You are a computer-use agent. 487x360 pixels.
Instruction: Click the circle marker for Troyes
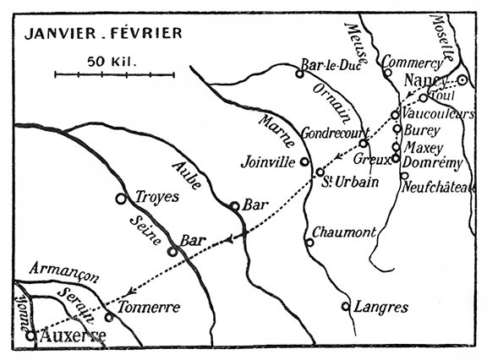click(x=121, y=199)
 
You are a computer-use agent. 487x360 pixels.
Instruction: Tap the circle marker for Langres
click(x=346, y=306)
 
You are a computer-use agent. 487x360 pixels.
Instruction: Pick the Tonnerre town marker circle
click(x=109, y=317)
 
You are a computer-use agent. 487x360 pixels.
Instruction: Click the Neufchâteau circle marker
click(x=404, y=175)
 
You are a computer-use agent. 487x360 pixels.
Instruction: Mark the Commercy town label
click(x=413, y=63)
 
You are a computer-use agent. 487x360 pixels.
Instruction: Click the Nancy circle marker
click(x=462, y=80)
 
